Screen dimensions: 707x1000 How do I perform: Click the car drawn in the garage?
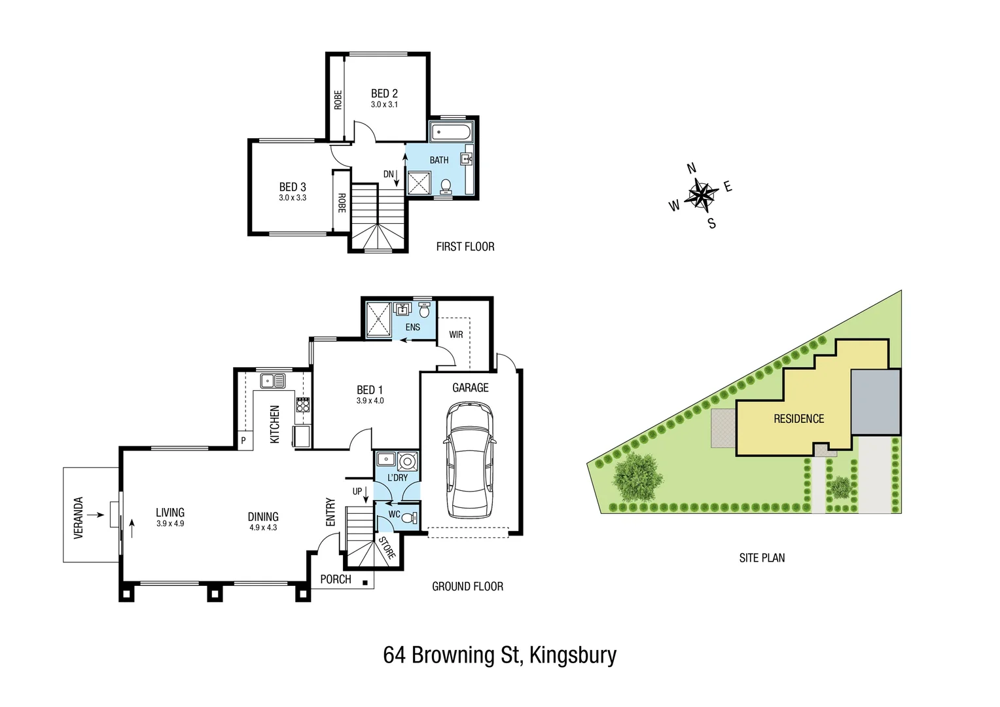469,459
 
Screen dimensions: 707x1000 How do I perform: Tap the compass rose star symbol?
701,195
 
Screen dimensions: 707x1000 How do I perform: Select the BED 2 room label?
384,94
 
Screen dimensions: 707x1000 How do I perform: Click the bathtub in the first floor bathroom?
450,132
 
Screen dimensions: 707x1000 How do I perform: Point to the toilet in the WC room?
409,518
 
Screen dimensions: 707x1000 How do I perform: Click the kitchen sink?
273,380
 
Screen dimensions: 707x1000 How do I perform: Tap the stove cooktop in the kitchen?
302,405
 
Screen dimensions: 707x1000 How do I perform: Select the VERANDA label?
79,518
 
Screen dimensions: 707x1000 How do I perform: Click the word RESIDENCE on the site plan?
798,419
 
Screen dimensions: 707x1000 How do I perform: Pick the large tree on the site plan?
636,476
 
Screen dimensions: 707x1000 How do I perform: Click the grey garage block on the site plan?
876,401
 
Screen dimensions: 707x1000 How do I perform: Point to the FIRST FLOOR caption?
465,247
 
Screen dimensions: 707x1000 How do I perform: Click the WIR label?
456,335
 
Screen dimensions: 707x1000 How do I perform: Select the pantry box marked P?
243,441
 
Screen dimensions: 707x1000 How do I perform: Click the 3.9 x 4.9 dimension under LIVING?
170,524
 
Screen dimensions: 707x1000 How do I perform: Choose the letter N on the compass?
691,169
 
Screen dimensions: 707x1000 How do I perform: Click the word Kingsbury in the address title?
573,655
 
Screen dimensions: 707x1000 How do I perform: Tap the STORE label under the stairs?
387,548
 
